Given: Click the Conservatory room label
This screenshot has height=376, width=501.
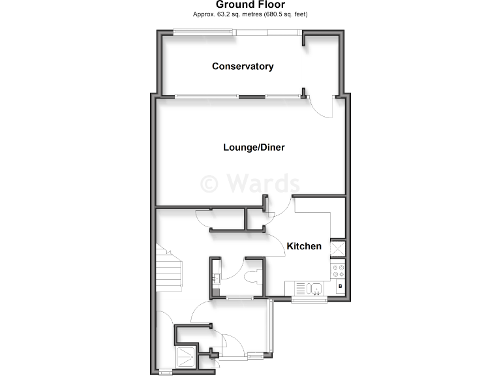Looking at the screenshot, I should (x=242, y=67).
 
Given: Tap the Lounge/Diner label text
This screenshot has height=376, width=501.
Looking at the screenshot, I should (x=254, y=148).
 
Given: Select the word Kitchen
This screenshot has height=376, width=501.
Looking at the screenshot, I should (x=304, y=246).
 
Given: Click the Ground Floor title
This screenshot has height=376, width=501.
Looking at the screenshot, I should (x=250, y=5).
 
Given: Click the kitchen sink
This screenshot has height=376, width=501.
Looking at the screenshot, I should (x=316, y=287).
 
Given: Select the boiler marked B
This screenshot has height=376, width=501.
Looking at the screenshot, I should (x=339, y=287).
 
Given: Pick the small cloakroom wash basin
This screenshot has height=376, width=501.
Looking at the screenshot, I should (x=215, y=278).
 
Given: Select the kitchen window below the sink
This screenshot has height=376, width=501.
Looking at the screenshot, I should (x=309, y=300).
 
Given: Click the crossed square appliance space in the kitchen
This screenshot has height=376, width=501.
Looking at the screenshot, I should (x=339, y=249).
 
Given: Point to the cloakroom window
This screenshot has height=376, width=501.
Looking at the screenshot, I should (x=240, y=298).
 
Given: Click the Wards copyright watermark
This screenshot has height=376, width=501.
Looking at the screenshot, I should (x=250, y=183).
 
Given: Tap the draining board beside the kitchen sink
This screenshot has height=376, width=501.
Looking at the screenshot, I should (x=299, y=287).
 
